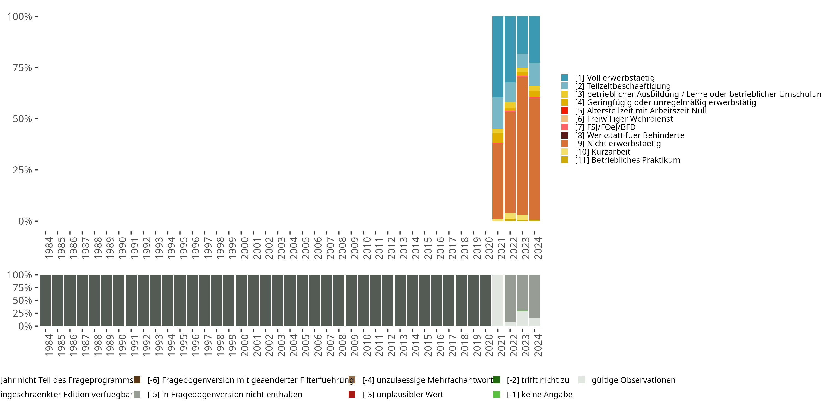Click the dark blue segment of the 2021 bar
click(498, 57)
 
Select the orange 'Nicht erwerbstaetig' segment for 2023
click(522, 145)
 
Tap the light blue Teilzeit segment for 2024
click(534, 74)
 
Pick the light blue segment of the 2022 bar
click(510, 92)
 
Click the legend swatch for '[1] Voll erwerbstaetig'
click(564, 78)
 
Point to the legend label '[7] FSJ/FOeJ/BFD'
click(605, 127)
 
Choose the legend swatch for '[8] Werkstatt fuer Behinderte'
click(564, 135)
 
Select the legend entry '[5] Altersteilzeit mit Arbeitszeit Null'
click(641, 111)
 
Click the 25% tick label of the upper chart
click(22, 170)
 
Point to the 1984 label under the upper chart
click(49, 248)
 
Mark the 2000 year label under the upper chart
click(244, 248)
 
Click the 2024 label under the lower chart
click(538, 345)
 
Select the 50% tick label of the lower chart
click(22, 300)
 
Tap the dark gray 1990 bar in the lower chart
click(118, 300)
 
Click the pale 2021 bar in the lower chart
click(498, 300)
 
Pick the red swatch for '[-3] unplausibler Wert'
click(352, 394)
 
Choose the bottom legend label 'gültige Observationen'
click(633, 380)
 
